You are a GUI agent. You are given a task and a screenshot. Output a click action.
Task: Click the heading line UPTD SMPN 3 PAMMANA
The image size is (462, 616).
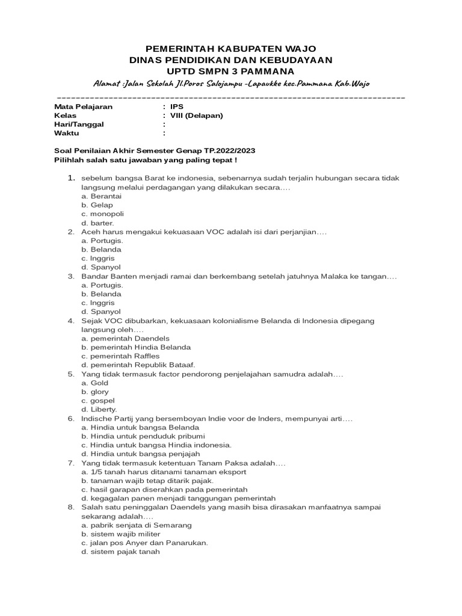pos(230,72)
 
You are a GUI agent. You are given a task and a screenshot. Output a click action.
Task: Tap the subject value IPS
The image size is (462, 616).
pos(177,106)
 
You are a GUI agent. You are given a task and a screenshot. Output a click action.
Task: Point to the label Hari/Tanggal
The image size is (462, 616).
pos(79,125)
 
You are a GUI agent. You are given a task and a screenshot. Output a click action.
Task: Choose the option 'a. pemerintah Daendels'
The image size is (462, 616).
pos(125,339)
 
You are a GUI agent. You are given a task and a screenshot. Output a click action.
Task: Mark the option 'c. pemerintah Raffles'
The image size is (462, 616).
pos(120,356)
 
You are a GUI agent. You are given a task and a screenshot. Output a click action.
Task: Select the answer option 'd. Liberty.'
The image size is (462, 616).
pos(99,409)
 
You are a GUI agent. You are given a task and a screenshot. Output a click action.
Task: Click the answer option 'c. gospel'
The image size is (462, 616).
pos(98,401)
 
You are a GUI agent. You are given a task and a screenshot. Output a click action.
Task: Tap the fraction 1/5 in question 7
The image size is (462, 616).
pos(96,472)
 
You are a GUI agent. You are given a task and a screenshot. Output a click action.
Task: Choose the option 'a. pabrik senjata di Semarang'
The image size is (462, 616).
pos(137,525)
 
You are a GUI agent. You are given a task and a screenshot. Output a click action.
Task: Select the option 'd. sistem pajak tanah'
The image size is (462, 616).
pos(121,552)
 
